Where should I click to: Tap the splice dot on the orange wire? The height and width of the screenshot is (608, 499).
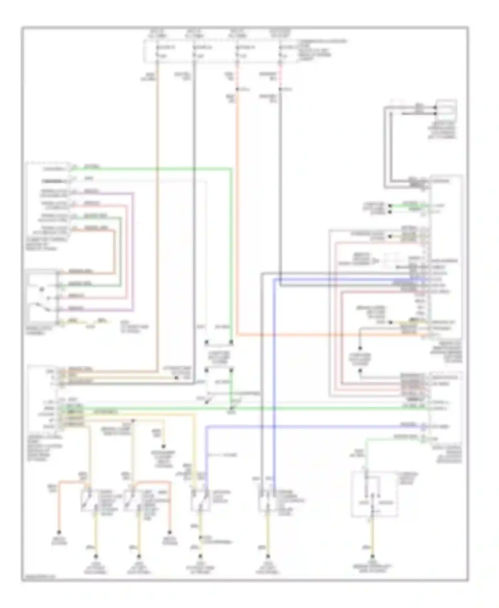pyautogui.click(x=237, y=89)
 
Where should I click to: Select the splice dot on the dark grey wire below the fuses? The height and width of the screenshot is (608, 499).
pyautogui.click(x=280, y=89)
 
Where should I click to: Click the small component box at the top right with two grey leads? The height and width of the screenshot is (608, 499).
pyautogui.click(x=446, y=110)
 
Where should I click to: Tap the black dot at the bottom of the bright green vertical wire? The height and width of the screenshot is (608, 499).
pyautogui.click(x=231, y=342)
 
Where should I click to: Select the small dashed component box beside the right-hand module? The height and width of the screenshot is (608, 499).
pyautogui.click(x=391, y=261)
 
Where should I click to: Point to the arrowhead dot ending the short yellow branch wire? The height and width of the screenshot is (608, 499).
pyautogui.click(x=164, y=446)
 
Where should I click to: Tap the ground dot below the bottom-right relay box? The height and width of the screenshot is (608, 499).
pyautogui.click(x=373, y=556)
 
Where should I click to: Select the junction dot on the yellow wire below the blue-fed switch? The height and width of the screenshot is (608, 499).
pyautogui.click(x=200, y=537)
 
